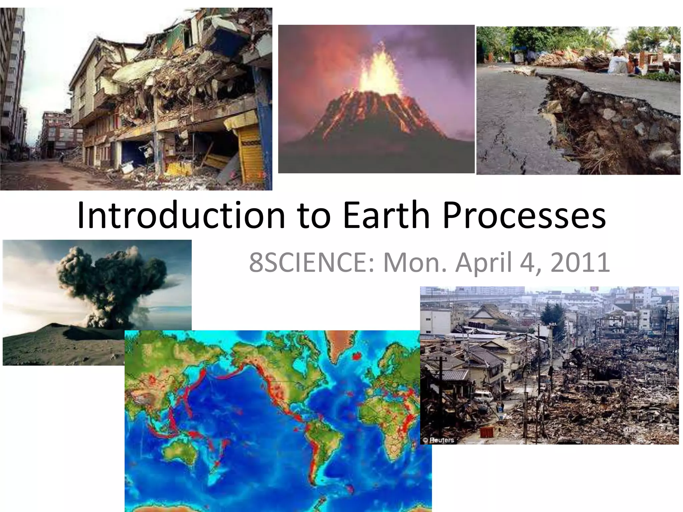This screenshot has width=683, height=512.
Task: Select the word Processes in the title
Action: point(524,216)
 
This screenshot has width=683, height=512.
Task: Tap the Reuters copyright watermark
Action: point(438,440)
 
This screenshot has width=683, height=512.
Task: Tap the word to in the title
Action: point(313,216)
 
